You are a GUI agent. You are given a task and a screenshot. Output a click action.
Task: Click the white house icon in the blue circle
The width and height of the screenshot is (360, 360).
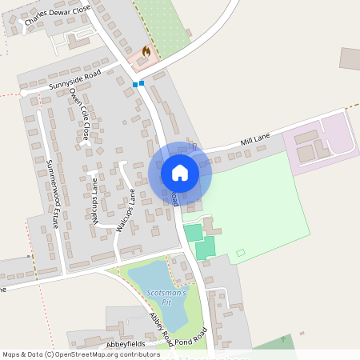[180, 172]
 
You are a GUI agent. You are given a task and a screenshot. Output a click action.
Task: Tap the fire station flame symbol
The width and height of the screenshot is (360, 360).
[146, 51]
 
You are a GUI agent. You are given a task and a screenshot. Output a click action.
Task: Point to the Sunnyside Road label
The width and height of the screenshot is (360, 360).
[74, 80]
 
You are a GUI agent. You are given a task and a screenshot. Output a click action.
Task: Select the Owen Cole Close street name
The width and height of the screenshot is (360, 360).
[79, 114]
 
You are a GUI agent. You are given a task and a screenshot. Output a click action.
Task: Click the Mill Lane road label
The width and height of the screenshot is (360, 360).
[257, 142]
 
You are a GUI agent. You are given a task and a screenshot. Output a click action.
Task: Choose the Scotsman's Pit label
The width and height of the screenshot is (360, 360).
[166, 298]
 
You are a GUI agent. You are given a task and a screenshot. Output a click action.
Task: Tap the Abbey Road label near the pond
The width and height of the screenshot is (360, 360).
[161, 329]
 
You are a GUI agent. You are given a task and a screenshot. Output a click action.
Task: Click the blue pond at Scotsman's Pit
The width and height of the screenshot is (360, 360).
[152, 280]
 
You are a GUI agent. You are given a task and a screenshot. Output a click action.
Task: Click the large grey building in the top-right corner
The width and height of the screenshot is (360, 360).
[350, 58]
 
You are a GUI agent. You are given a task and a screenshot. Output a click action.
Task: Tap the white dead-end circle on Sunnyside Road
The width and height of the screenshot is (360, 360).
[23, 93]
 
